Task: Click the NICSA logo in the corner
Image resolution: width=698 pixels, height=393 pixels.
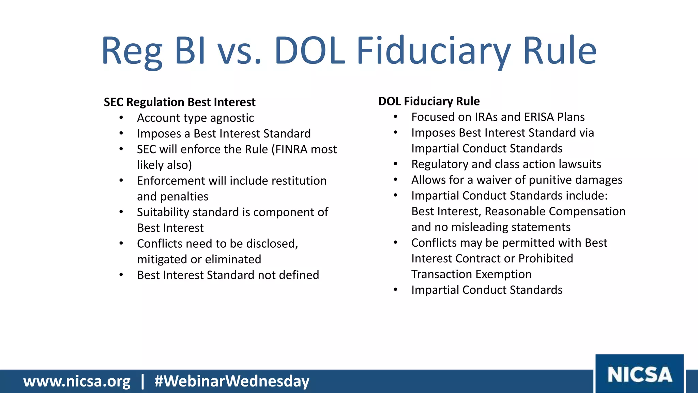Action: click(x=639, y=374)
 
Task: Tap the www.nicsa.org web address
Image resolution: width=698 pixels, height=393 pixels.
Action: click(x=77, y=381)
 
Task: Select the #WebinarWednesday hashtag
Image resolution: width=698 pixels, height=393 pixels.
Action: click(x=232, y=381)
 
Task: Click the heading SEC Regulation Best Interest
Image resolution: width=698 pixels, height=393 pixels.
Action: click(x=180, y=102)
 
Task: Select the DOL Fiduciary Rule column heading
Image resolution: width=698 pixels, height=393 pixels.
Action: click(x=429, y=101)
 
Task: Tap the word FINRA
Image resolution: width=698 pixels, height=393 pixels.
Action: click(x=297, y=149)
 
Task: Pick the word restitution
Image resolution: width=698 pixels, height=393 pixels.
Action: click(x=299, y=181)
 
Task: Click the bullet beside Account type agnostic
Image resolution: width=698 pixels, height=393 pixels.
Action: click(x=121, y=118)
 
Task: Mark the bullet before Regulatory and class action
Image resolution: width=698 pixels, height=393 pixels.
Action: click(x=395, y=164)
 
